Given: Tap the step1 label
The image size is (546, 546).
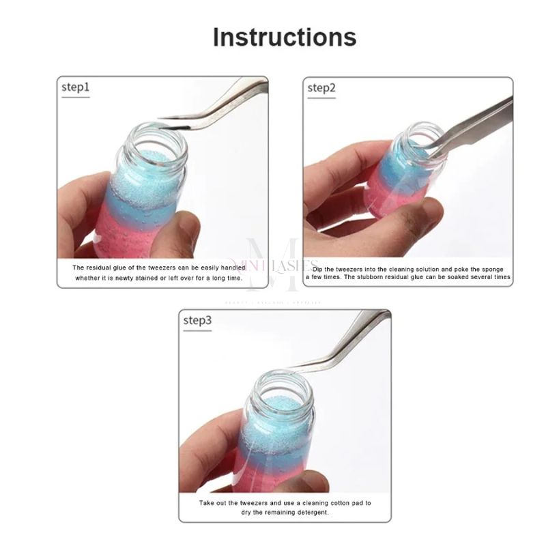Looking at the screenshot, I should pyautogui.click(x=75, y=87).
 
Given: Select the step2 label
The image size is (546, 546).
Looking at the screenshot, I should pyautogui.click(x=321, y=87).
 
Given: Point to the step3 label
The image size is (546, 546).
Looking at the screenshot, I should pyautogui.click(x=197, y=320).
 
